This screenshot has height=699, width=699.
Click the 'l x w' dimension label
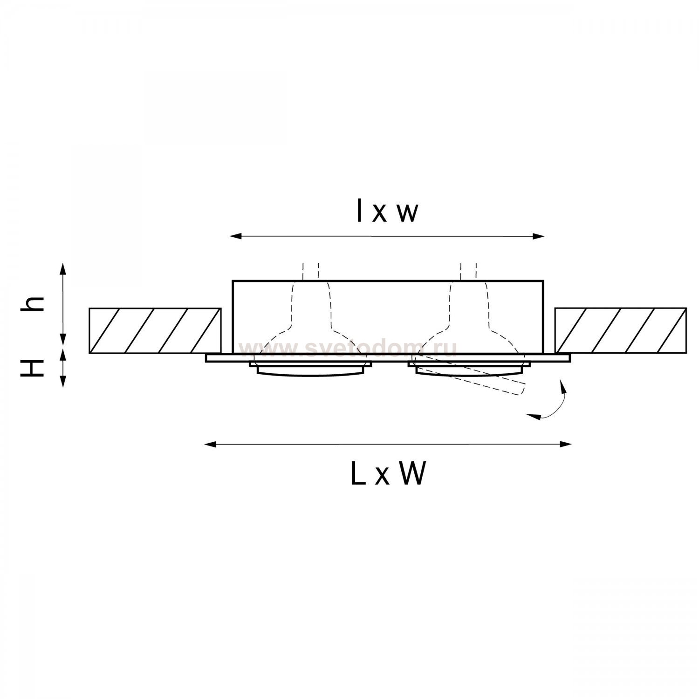point(387,211)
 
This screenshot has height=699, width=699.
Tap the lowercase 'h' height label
point(33,304)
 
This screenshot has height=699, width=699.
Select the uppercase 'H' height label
point(33,368)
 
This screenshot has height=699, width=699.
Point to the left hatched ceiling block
point(155,330)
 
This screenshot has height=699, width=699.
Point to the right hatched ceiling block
point(621,330)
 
